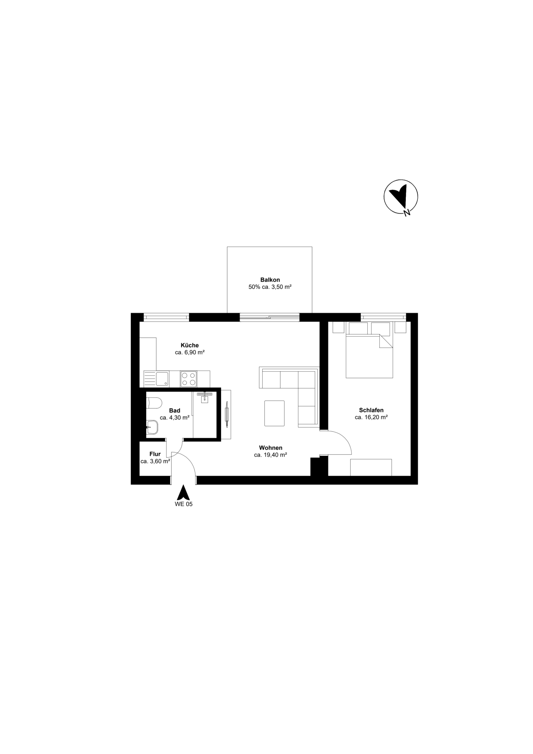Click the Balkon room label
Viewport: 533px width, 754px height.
[x=270, y=280]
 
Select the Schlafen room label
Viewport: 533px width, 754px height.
[x=371, y=410]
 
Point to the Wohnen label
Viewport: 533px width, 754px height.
[x=270, y=448]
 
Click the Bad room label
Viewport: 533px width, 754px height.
[x=174, y=411]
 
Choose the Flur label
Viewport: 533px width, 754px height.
[x=155, y=454]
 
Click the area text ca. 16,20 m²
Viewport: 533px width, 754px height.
[x=371, y=417]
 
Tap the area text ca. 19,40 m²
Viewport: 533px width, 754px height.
[x=270, y=455]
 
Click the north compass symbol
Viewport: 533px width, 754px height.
[x=401, y=196]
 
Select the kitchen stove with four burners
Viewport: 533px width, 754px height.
[x=188, y=379]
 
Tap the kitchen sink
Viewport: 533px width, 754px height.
[x=162, y=379]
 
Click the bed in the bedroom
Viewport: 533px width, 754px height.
[x=369, y=356]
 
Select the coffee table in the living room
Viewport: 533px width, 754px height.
[x=274, y=413]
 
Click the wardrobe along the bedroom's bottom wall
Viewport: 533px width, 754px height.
[x=371, y=467]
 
